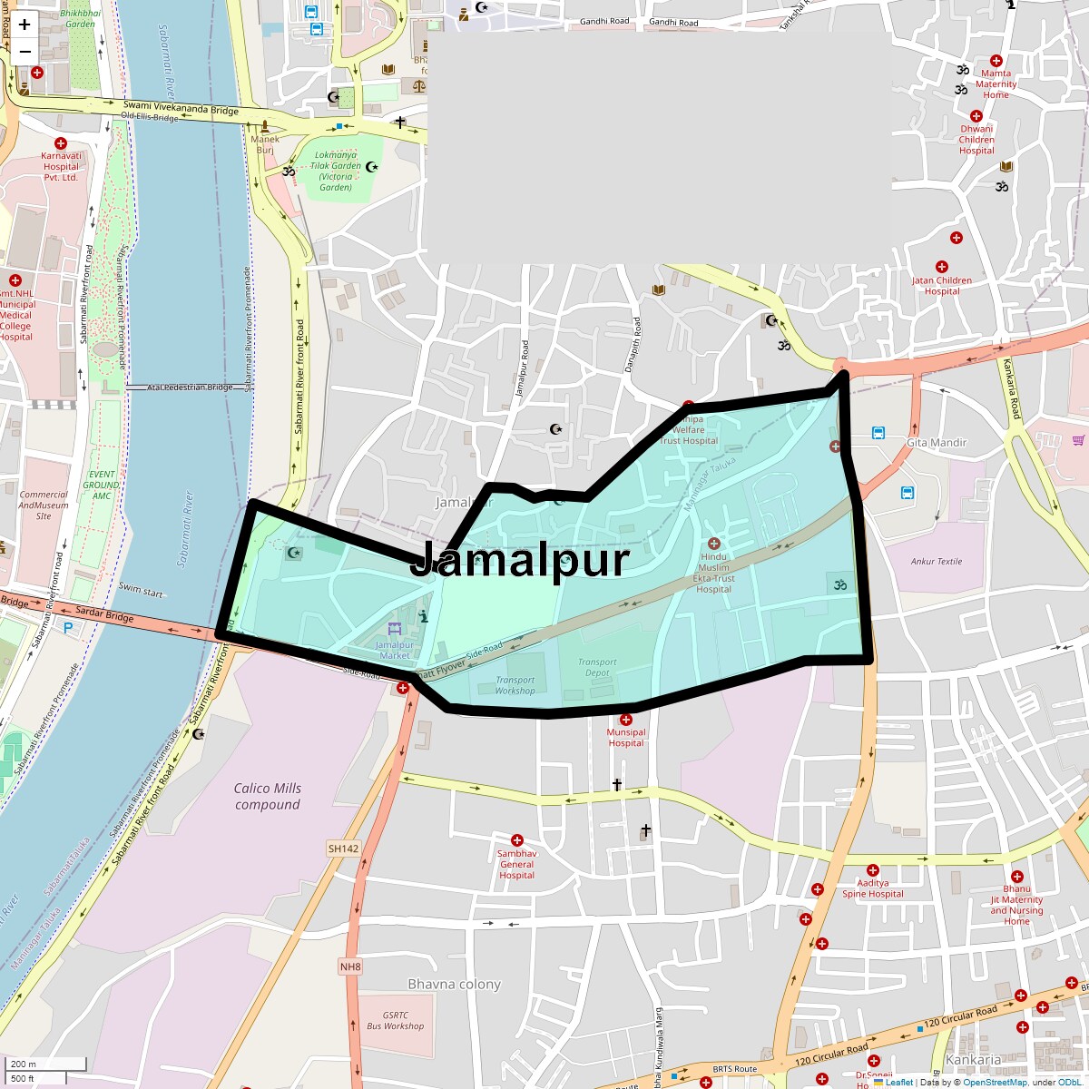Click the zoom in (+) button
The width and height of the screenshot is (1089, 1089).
coord(25,25)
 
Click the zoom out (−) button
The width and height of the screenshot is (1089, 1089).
coord(25,52)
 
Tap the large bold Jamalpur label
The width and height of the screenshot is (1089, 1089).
coord(519,561)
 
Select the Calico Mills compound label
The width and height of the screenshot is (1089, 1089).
coord(267,797)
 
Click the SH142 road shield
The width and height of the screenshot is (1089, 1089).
coord(343,849)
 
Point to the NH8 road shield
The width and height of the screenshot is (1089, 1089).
coord(350,966)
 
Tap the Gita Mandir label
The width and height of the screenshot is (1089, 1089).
coord(937,443)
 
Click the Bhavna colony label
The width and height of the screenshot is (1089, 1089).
coord(454,985)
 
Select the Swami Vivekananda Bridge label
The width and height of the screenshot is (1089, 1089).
coord(181,109)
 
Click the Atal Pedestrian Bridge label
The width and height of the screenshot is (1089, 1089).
coord(184,388)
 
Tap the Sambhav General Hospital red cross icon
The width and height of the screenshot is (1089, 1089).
coord(517,840)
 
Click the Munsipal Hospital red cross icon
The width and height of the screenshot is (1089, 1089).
coord(626,720)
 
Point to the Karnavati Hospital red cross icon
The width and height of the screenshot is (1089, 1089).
coord(61,143)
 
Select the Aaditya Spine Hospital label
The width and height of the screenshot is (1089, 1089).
coord(872,888)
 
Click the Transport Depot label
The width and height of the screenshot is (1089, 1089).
coord(597,667)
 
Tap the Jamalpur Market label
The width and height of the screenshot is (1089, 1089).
coord(395,650)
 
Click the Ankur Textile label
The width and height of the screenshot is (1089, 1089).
coord(936,562)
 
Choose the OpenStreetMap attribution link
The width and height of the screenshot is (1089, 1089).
coord(994,1082)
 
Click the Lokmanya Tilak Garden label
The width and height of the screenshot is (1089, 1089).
coord(335,171)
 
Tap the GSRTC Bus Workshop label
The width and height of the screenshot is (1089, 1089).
coord(395,1021)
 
